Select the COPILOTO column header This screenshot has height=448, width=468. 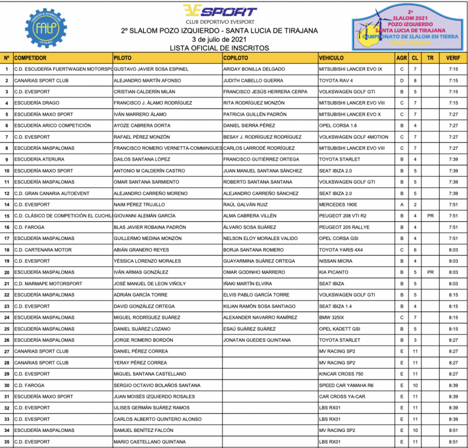point(236,58)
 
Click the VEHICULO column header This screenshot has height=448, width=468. point(331,58)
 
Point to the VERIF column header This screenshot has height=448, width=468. point(453,58)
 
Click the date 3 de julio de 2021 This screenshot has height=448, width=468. point(219,39)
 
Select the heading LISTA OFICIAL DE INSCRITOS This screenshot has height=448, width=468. point(219,48)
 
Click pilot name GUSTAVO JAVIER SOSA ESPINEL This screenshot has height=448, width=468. point(151,69)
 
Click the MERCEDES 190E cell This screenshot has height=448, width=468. point(339,204)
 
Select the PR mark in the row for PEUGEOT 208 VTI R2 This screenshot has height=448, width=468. point(430,216)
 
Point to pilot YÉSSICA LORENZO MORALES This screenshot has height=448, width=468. point(147,261)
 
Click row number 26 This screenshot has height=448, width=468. point(7,340)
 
